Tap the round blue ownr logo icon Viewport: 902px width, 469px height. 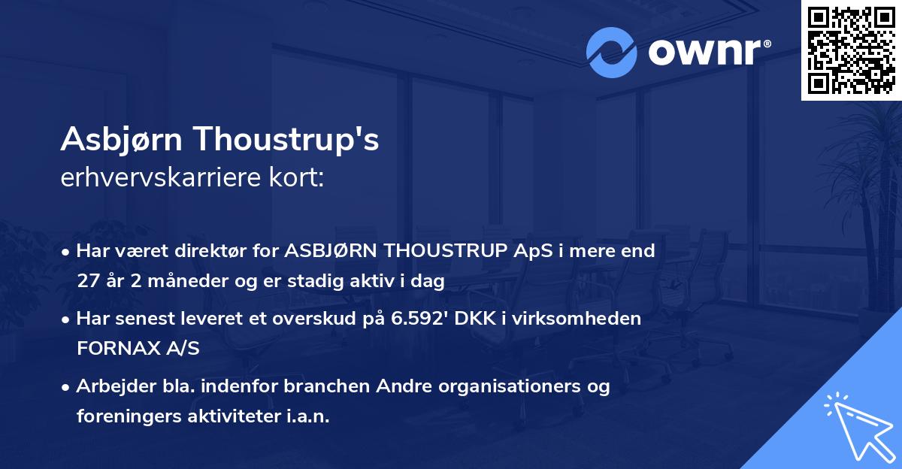tap(612, 53)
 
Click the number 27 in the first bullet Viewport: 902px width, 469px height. tap(88, 281)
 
